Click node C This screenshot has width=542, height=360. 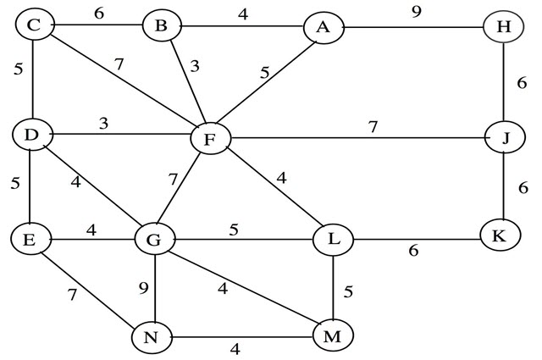(x=35, y=25)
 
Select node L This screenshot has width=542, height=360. (x=333, y=240)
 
